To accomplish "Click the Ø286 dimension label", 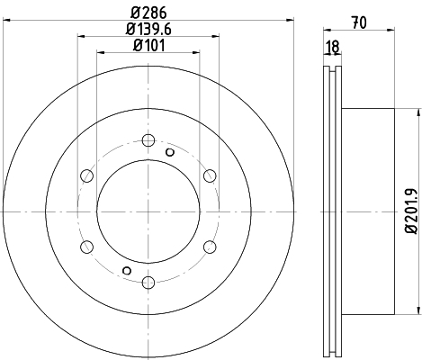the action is click(x=148, y=13).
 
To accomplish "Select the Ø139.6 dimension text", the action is click(x=148, y=29).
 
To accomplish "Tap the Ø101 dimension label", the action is click(x=148, y=46).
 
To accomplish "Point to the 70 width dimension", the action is click(x=359, y=23).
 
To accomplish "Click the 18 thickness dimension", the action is click(x=333, y=47).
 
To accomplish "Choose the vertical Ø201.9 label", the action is click(x=411, y=211).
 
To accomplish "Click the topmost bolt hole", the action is click(x=148, y=140).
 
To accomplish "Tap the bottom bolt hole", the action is click(x=148, y=283).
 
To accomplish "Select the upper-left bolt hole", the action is click(x=87, y=175).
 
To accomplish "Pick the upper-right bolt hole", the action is click(x=210, y=175).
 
